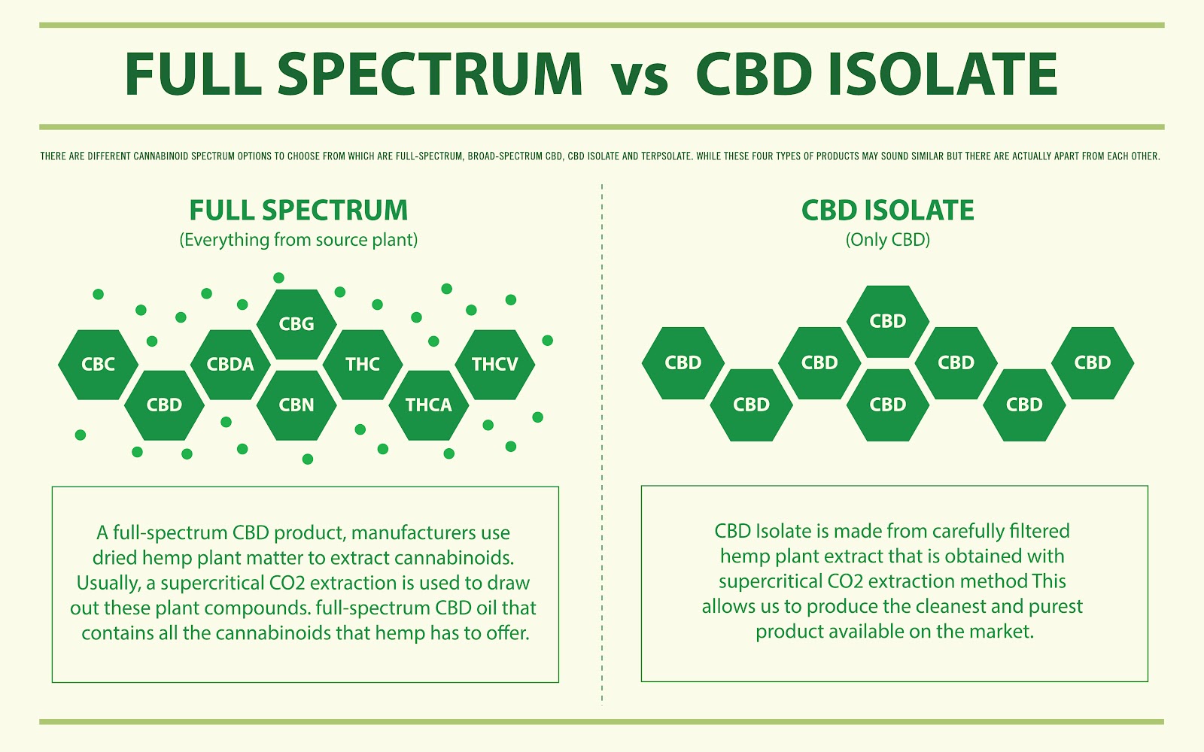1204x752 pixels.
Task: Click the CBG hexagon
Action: click(296, 324)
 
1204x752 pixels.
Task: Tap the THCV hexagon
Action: click(495, 365)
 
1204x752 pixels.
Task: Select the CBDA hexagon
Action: click(230, 365)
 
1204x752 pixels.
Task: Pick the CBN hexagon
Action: click(296, 405)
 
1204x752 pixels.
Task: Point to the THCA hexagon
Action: click(429, 405)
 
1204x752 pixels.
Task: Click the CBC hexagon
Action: click(98, 365)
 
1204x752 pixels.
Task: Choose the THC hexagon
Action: click(363, 365)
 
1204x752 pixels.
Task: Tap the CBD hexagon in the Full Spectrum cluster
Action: click(164, 405)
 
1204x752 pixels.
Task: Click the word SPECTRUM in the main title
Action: click(430, 75)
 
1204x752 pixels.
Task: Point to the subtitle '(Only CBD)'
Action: click(888, 240)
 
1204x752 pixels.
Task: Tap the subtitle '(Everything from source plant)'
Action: click(299, 240)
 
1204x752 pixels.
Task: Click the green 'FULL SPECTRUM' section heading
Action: click(299, 211)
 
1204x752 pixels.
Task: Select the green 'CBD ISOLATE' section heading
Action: click(888, 211)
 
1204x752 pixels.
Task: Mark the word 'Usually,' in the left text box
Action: click(108, 584)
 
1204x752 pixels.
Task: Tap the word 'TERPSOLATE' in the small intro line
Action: click(666, 156)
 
